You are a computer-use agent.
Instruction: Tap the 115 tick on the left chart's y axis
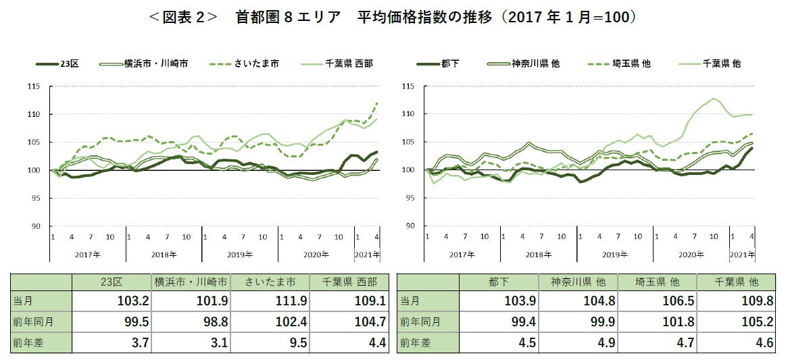pyautogui.click(x=34, y=86)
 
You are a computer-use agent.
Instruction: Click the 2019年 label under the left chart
pyautogui.click(x=241, y=254)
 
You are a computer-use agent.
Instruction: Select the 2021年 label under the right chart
pyautogui.click(x=742, y=254)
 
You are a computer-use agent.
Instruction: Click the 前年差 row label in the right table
pyautogui.click(x=414, y=343)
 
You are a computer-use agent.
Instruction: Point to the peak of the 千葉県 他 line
pyautogui.click(x=714, y=99)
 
